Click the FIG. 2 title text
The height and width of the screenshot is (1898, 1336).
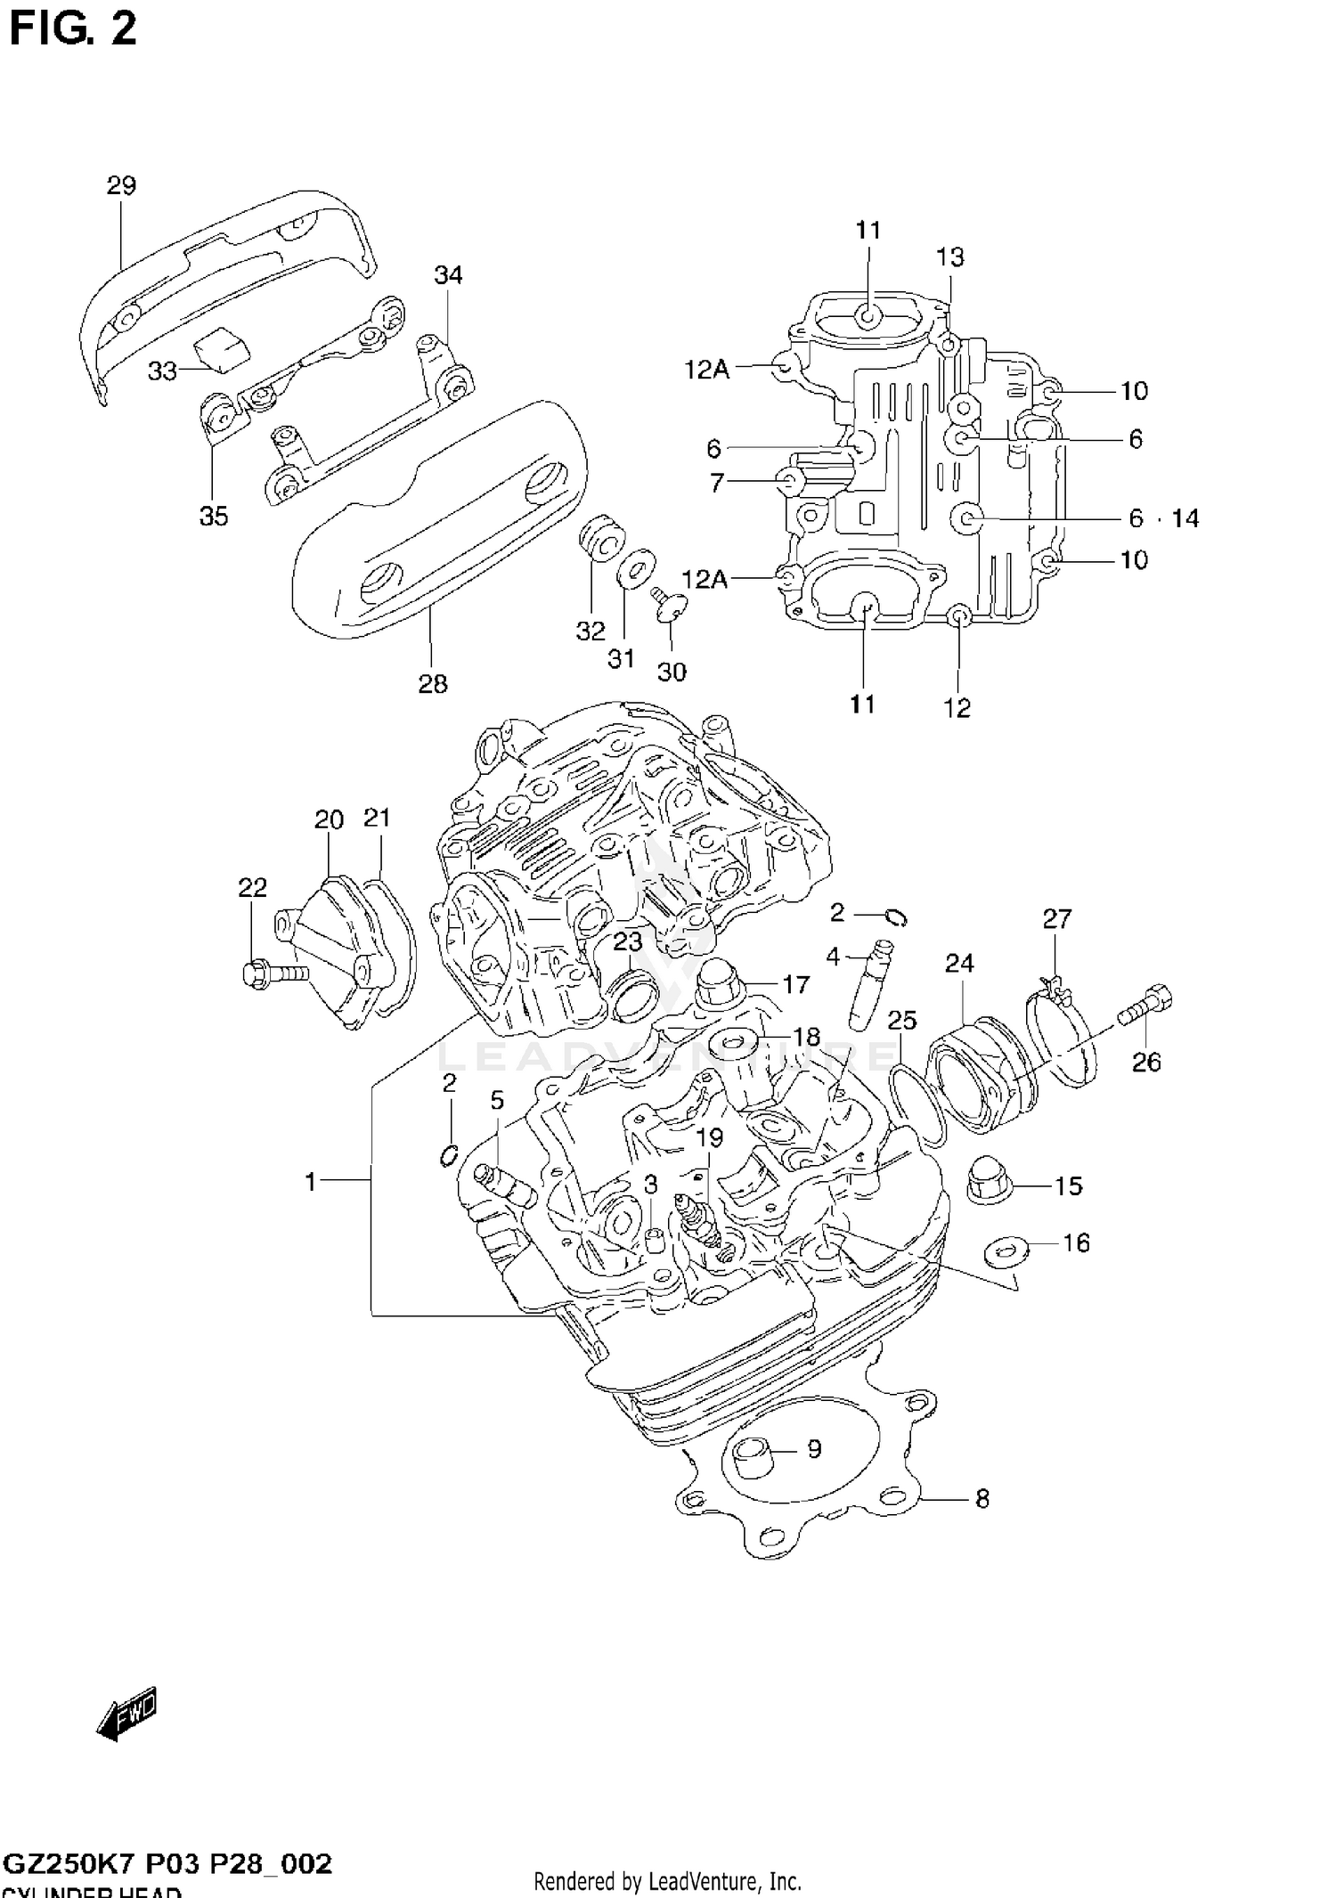(x=73, y=29)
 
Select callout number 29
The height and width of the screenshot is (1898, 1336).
(x=121, y=185)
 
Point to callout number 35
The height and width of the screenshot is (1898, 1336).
(x=214, y=516)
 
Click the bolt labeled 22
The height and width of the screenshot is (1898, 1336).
(x=273, y=972)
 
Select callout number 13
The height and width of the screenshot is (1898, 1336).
(x=949, y=257)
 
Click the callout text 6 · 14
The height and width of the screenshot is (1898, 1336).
(x=1163, y=517)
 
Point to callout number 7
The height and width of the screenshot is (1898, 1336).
(x=718, y=483)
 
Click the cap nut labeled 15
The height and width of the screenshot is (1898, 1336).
(x=986, y=1178)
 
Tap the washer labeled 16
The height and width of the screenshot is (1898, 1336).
(x=1004, y=1251)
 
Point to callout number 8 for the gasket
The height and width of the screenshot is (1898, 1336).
(x=982, y=1498)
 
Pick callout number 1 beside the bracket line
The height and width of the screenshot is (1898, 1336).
(x=311, y=1182)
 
